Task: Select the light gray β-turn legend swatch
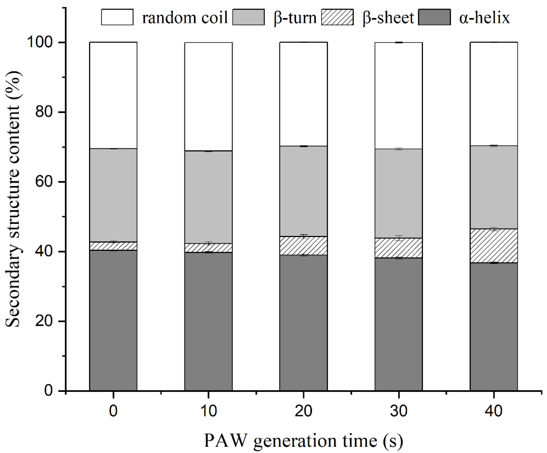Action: [x=248, y=17]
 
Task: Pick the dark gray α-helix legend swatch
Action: [x=434, y=17]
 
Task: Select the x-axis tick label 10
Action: [x=208, y=412]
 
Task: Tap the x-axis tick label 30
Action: [x=399, y=412]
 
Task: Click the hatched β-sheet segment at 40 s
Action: [x=494, y=246]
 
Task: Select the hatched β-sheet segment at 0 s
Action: [x=113, y=246]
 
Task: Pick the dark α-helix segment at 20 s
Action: [x=303, y=323]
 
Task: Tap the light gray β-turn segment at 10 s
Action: [x=208, y=197]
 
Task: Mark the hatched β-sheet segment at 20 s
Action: [x=303, y=245]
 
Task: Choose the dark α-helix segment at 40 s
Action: [x=494, y=327]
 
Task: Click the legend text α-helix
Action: [x=484, y=18]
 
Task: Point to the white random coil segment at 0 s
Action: [x=113, y=95]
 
